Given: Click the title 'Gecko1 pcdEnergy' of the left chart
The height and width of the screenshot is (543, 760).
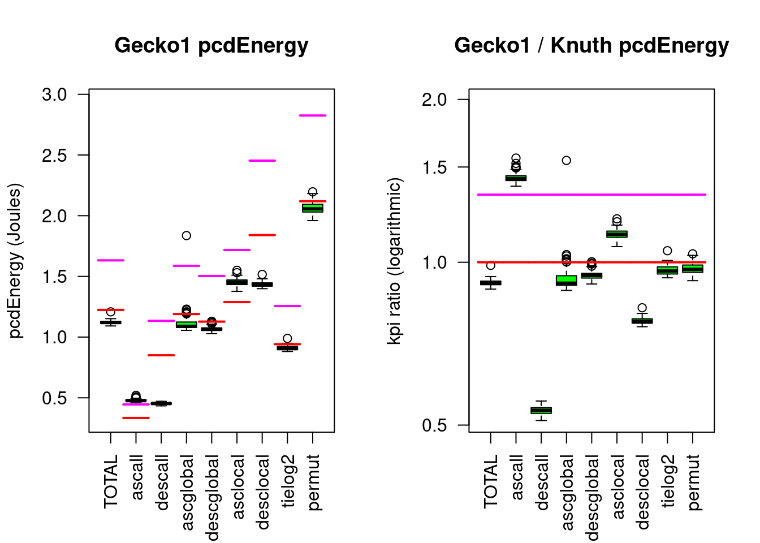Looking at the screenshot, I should [x=211, y=45].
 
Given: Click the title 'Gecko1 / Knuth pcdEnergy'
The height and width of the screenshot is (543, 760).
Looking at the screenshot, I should [x=591, y=45].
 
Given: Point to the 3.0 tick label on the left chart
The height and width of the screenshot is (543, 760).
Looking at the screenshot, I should [x=54, y=94].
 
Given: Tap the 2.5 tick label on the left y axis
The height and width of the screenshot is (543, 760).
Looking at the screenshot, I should [x=54, y=155].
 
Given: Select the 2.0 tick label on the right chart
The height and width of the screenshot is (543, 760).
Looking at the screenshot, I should [x=434, y=100].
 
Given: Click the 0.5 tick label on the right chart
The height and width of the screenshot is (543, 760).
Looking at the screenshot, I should [x=434, y=425].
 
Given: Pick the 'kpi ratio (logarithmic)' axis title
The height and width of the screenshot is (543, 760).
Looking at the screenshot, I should [x=394, y=261].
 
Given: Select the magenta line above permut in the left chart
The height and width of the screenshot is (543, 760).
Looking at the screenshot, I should [x=313, y=115].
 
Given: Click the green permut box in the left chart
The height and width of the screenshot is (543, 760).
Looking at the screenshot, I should [x=313, y=208].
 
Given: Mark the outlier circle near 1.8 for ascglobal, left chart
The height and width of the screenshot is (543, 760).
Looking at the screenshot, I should [x=186, y=235].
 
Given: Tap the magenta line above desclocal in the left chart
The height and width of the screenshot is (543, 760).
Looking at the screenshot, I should [x=262, y=161].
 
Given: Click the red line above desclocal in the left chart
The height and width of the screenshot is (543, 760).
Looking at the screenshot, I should [x=262, y=235].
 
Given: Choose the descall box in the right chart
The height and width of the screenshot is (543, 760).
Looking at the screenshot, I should [x=541, y=410].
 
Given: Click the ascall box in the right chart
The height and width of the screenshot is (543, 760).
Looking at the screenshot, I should [x=516, y=178].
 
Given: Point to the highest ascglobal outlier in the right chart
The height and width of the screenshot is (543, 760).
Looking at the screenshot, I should [x=566, y=161].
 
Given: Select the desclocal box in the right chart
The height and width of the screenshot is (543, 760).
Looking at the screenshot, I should [x=642, y=321].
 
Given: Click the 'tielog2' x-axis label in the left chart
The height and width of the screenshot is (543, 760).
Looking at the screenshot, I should [x=288, y=481].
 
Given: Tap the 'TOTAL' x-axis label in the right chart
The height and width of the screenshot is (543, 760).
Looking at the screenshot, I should [x=491, y=481].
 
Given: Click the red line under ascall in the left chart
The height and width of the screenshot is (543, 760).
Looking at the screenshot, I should [x=136, y=418].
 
